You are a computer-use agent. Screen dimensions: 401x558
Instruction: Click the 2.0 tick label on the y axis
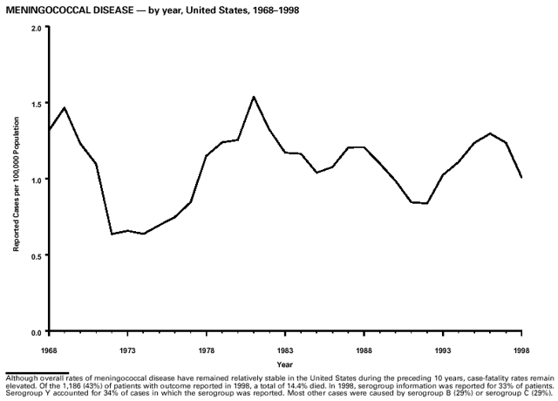coord(35,27)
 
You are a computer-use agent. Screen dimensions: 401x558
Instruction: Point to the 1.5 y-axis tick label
coord(35,104)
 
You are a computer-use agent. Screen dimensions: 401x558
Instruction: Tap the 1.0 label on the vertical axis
coord(35,180)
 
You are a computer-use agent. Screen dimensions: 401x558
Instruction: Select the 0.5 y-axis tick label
coord(35,256)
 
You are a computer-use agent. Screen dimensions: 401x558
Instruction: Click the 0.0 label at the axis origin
coord(35,332)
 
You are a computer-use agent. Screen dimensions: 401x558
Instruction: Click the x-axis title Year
coord(285,364)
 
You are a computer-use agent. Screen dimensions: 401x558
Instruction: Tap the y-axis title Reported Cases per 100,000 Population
coord(16,180)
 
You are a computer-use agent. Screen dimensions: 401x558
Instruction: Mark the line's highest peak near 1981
coord(253,97)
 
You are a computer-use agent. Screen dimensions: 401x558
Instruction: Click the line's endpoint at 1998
coord(521,178)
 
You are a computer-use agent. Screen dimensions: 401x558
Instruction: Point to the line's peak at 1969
coord(64,108)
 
